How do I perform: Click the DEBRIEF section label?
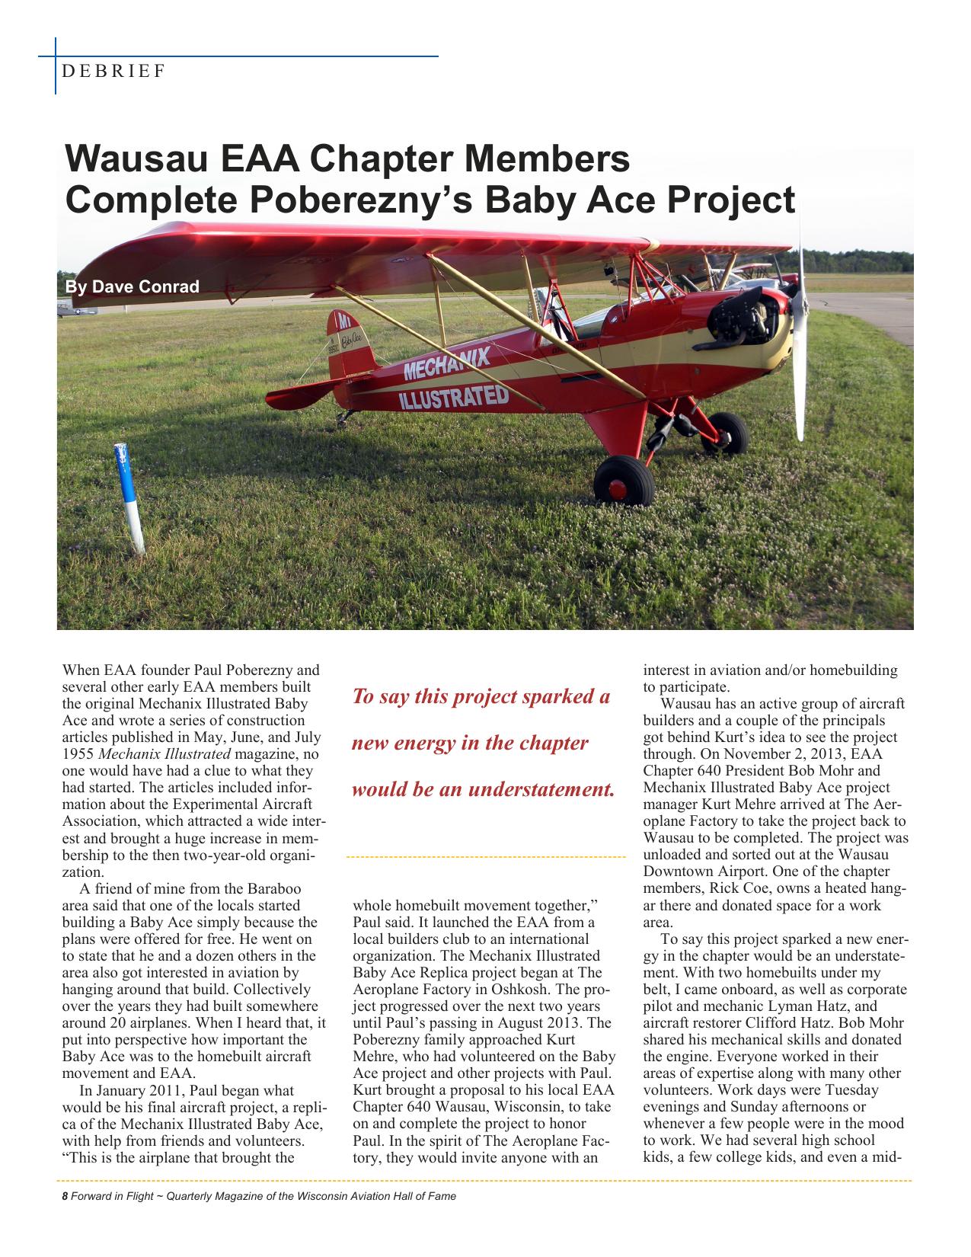(114, 72)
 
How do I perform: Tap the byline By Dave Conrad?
(132, 287)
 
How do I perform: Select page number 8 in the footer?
(65, 1196)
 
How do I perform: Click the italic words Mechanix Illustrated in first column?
(164, 754)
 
